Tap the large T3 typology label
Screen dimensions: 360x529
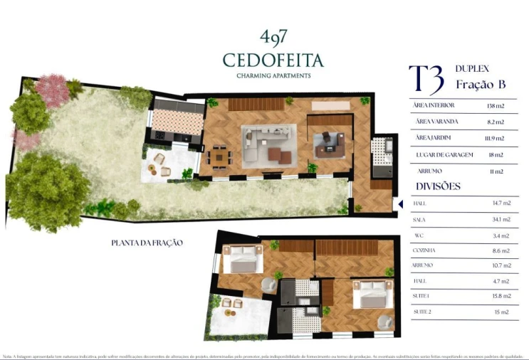tap(426, 76)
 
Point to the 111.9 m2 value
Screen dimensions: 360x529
tap(493, 138)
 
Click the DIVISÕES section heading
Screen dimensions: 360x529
tap(436, 186)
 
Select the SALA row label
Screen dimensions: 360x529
tap(420, 220)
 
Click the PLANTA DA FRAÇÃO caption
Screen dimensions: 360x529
tap(147, 243)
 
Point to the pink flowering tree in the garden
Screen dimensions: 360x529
tap(51, 90)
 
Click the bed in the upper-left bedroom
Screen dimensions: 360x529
tap(243, 260)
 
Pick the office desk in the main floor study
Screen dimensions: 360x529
tap(329, 142)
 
